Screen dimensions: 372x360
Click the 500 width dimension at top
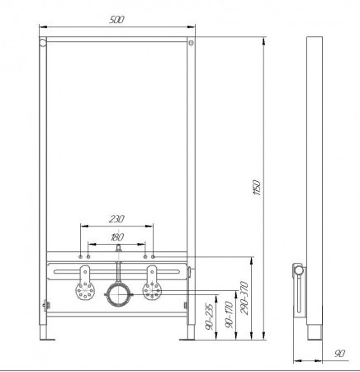(x=116, y=18)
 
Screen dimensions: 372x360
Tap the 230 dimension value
(x=116, y=219)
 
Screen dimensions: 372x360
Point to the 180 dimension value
(x=116, y=238)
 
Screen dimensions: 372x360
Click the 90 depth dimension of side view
(x=339, y=355)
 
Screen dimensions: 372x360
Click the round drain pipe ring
(x=116, y=293)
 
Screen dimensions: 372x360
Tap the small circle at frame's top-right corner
(x=190, y=42)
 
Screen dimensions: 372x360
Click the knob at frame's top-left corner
(x=41, y=42)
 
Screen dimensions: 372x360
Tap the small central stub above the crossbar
(x=116, y=247)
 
